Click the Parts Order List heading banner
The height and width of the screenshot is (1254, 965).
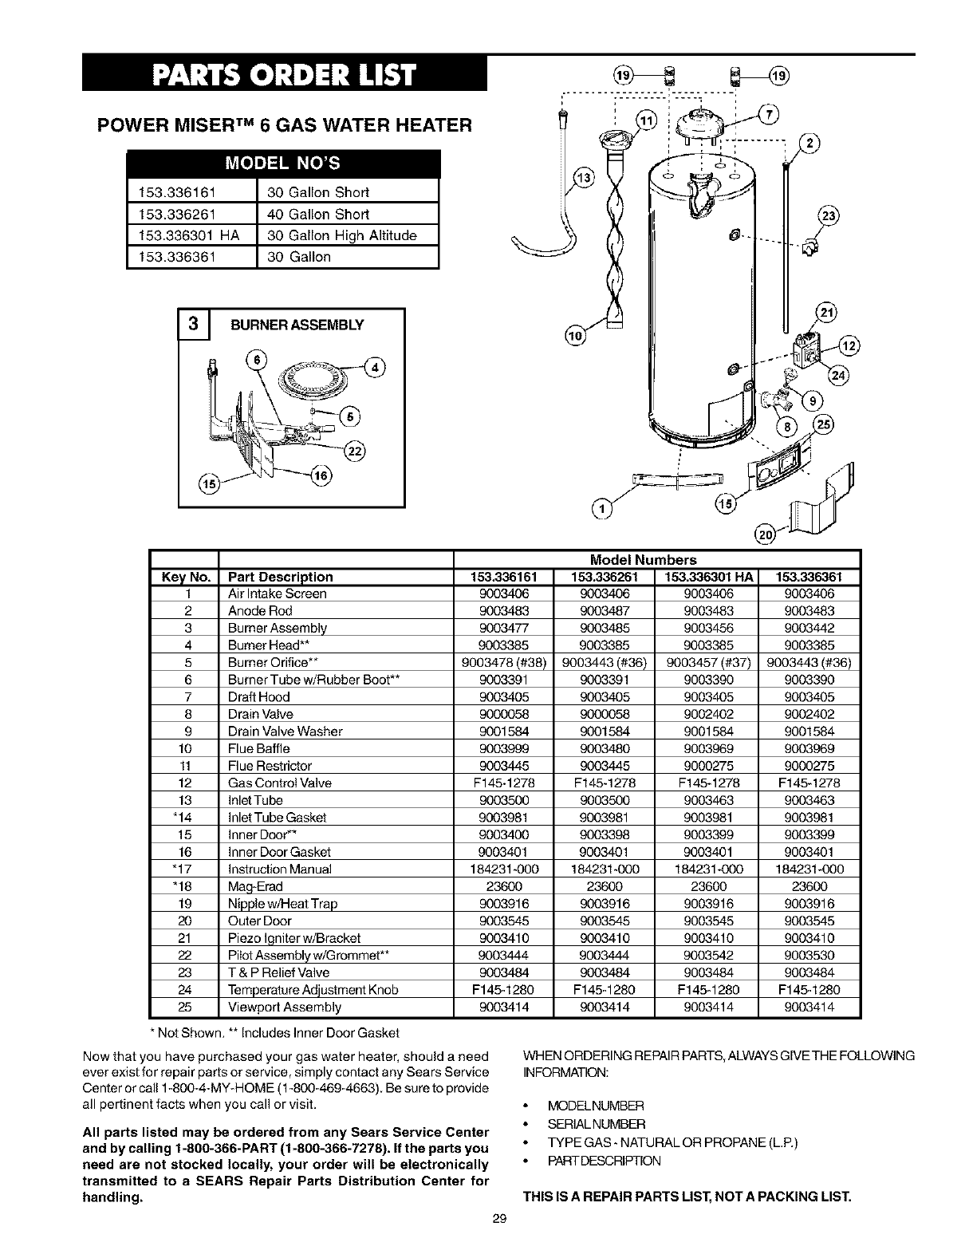coord(286,77)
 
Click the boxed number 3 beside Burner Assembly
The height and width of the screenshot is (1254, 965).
coord(194,325)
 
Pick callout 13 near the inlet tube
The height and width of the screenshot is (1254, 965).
coord(585,178)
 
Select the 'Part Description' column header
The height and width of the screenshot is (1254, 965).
coord(280,577)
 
